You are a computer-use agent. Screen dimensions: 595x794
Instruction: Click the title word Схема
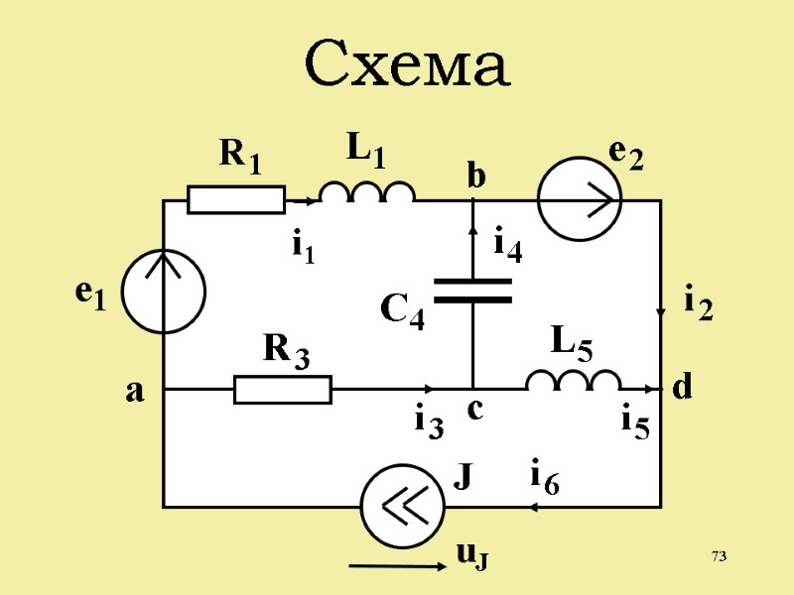coord(407,65)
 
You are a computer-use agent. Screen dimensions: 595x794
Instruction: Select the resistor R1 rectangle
coord(236,199)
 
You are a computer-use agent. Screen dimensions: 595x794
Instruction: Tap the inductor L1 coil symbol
coord(366,192)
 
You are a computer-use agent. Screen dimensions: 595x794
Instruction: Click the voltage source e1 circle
coord(164,292)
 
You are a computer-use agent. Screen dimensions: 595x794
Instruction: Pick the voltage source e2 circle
coord(580,199)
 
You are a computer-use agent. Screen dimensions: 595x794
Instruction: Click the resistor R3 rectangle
coord(283,390)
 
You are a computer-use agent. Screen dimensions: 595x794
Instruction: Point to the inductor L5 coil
coord(573,382)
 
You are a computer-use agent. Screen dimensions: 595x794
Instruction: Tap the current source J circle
coord(402,507)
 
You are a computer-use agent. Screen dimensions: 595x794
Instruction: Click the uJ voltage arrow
coord(396,566)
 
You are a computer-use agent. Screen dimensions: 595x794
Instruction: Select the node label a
coord(134,393)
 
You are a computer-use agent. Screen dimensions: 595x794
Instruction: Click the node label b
coord(476,177)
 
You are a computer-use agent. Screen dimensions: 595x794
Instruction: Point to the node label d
coord(682,389)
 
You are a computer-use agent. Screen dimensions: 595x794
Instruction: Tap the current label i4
coord(507,244)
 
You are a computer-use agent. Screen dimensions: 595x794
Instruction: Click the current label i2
coord(699,301)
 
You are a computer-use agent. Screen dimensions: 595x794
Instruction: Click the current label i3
coord(428,423)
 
